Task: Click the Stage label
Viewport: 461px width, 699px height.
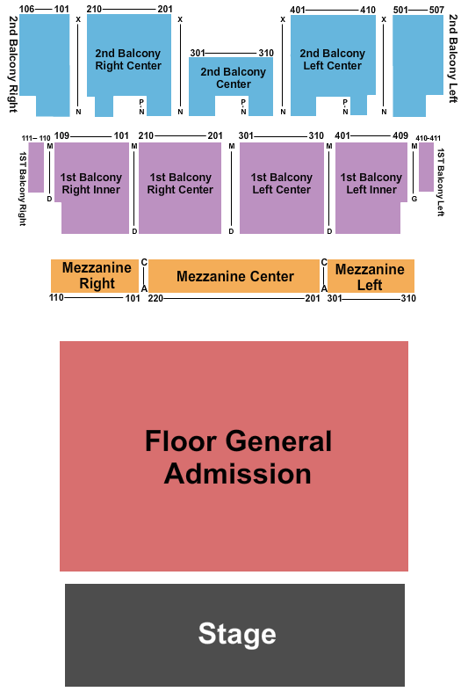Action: click(x=237, y=633)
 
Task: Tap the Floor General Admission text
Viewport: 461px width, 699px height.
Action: click(x=238, y=457)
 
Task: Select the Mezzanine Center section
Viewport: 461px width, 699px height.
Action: click(x=234, y=276)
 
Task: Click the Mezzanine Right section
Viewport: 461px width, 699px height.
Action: click(x=95, y=276)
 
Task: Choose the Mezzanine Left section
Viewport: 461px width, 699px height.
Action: click(x=371, y=276)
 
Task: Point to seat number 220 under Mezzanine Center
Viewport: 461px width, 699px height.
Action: click(x=155, y=298)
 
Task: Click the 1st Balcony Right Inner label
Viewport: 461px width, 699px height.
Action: click(x=90, y=183)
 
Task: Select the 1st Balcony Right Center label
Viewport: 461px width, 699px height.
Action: click(x=180, y=183)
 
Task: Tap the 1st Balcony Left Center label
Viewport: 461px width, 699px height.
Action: click(x=282, y=183)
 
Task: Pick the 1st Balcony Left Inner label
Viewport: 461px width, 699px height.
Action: click(x=371, y=183)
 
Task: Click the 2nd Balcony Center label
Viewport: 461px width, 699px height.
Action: click(x=233, y=77)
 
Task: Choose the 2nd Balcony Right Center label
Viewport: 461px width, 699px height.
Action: click(x=128, y=59)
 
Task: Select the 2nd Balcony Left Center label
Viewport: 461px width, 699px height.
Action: click(x=332, y=59)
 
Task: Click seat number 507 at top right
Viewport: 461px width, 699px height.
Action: click(x=436, y=10)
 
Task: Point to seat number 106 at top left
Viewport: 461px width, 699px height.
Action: click(x=26, y=9)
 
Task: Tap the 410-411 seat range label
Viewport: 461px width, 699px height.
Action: click(x=428, y=138)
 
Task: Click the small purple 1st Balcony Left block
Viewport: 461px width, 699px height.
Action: click(x=426, y=167)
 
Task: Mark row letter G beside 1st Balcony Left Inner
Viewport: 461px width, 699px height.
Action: click(x=414, y=199)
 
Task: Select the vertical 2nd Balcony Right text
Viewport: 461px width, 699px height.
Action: click(x=14, y=64)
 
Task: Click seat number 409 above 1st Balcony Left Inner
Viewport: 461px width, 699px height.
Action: click(x=400, y=135)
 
